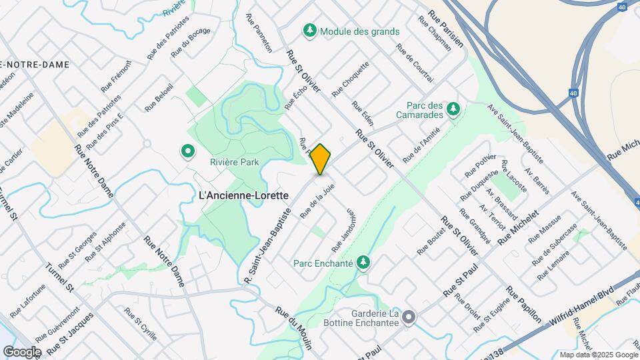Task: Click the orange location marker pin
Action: point(321,159)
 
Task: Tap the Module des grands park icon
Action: point(309,31)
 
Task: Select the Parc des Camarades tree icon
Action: point(453,108)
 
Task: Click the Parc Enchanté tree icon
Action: point(363,262)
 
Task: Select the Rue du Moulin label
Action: point(294,323)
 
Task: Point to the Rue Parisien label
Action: point(446,29)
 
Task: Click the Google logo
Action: point(22,351)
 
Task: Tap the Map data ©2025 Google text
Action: point(598,355)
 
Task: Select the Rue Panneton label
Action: point(259,34)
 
